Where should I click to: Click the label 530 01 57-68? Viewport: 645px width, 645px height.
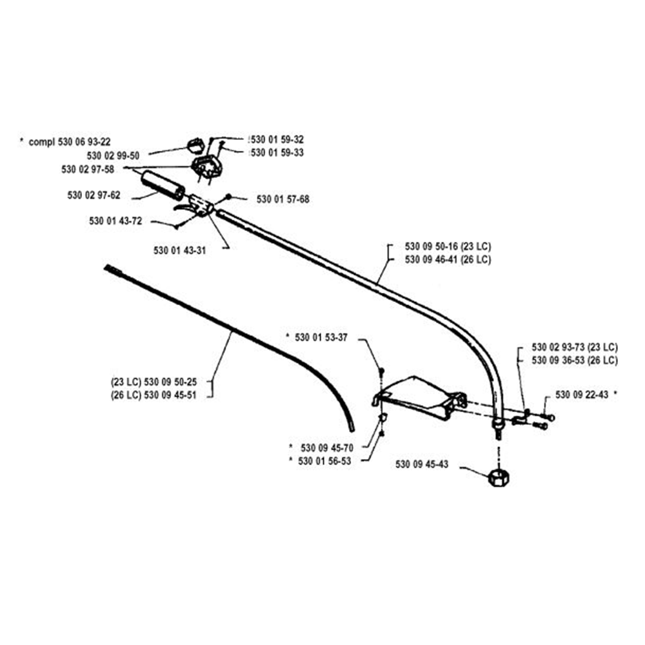click(x=283, y=199)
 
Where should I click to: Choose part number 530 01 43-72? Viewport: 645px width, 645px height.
click(x=115, y=221)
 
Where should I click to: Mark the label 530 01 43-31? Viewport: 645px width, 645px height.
click(x=180, y=251)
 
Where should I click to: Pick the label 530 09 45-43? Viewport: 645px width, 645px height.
click(x=422, y=464)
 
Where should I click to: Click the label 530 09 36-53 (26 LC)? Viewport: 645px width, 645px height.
click(x=574, y=360)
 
